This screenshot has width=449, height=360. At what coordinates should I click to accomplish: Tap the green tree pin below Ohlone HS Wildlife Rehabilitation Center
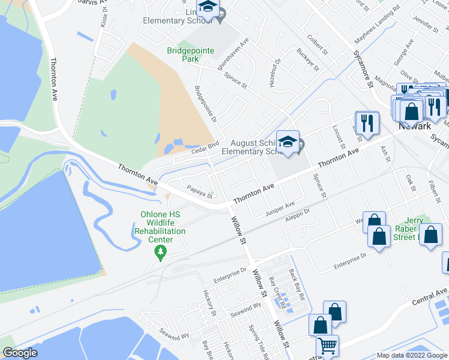[160, 253]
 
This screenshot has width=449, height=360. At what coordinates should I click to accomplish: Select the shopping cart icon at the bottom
[327, 346]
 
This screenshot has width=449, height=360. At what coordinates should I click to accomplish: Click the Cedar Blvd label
[203, 149]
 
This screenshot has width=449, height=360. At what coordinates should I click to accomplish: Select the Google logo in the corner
[20, 353]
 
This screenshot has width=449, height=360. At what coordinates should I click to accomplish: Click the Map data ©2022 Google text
[411, 355]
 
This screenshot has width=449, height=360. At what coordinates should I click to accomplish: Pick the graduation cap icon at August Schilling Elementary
[288, 142]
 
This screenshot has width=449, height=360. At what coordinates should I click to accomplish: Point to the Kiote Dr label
[103, 21]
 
